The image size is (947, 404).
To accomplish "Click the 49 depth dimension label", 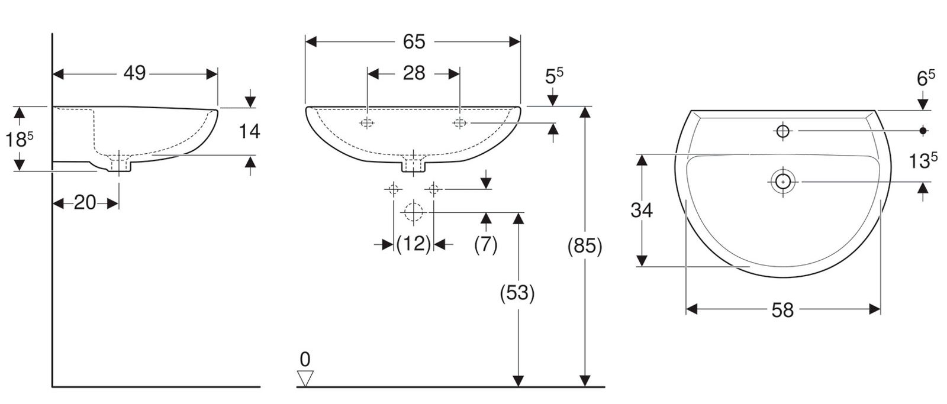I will (134, 73).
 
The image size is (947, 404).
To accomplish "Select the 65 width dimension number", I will (414, 41).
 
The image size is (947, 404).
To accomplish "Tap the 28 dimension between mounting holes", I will (414, 73).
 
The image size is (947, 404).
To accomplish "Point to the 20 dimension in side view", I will (85, 203).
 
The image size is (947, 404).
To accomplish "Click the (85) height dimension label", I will (584, 246).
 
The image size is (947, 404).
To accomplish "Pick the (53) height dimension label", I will (517, 293).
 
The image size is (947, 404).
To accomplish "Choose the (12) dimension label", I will (413, 244).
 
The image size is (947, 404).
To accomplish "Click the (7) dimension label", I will (485, 244).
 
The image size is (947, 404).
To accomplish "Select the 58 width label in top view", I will (782, 309).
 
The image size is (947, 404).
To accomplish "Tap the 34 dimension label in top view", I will (642, 210).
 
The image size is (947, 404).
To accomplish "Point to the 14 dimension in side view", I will (249, 131).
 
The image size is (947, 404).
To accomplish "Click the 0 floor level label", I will (305, 359).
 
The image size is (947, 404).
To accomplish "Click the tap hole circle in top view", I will (782, 131).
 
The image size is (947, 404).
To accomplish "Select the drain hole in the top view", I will (782, 181).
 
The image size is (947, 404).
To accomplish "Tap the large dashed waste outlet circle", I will (413, 212).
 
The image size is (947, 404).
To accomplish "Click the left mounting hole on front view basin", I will (367, 123).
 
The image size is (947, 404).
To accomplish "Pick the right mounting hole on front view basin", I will (460, 123).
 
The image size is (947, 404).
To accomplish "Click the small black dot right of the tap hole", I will (923, 130).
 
